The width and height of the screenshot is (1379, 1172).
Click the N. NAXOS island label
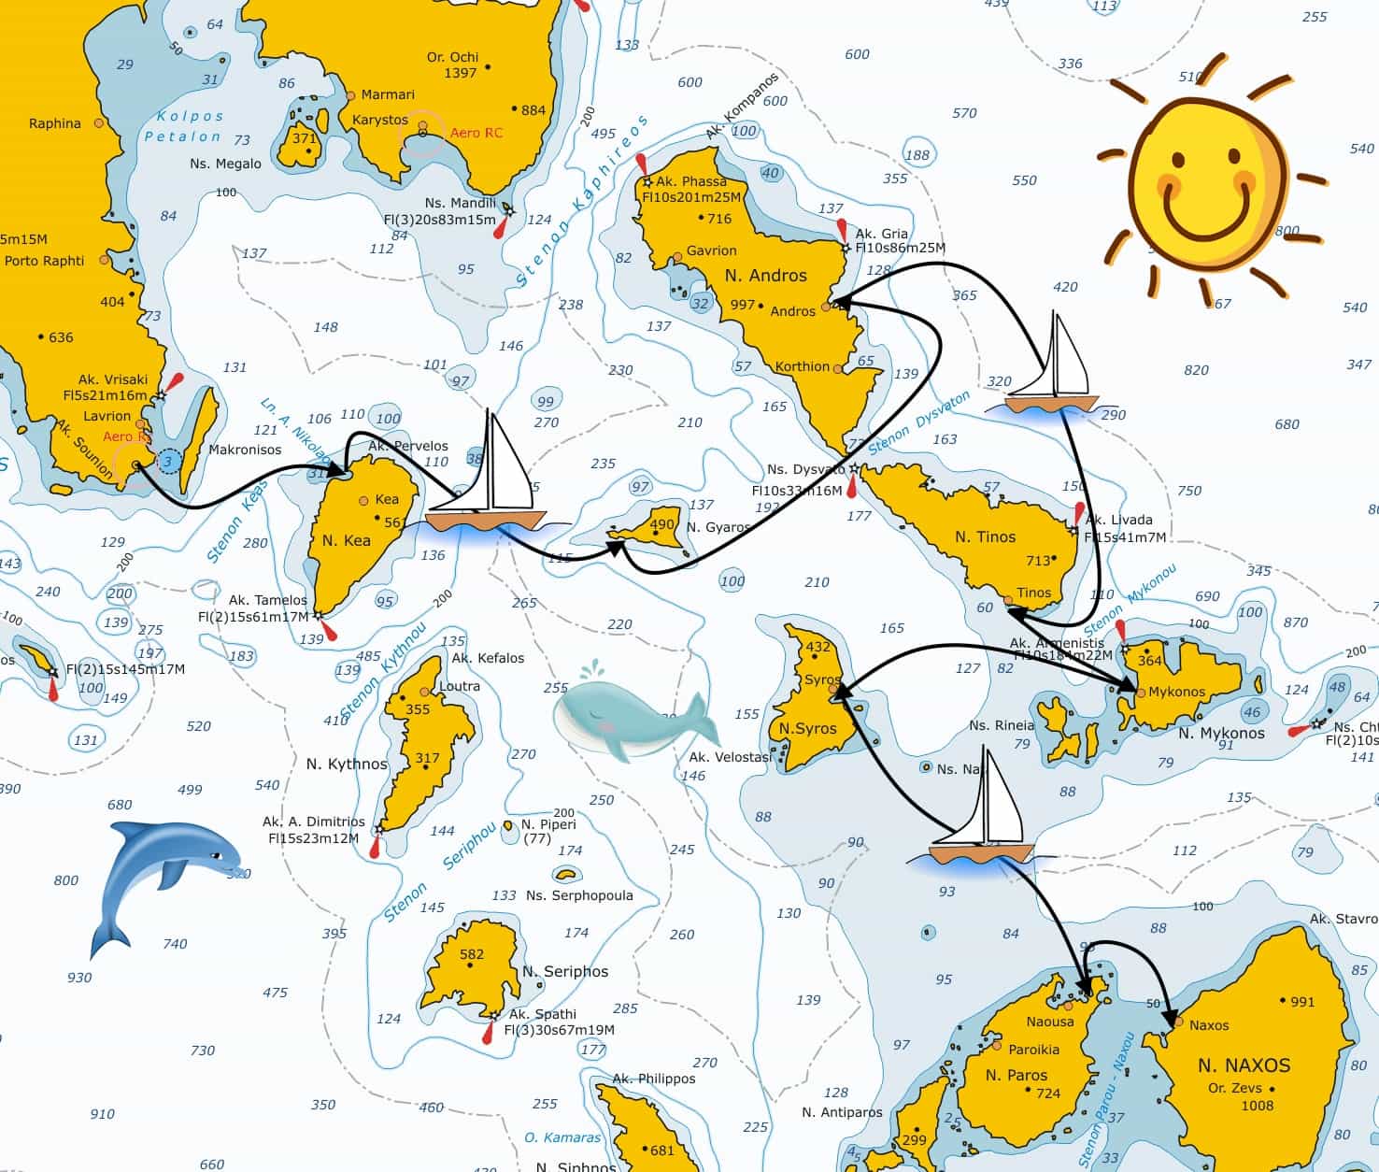1244,1065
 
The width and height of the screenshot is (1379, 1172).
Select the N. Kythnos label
347,764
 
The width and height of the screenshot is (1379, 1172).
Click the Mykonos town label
1176,692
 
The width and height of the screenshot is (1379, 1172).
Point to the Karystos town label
380,121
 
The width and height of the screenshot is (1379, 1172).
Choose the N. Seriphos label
564,971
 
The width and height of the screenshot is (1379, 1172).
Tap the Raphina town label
55,123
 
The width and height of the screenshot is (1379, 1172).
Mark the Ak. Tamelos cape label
268,600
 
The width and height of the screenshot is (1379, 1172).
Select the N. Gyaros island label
718,527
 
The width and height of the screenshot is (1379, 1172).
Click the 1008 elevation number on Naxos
1258,1105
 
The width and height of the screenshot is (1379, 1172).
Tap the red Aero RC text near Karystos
476,133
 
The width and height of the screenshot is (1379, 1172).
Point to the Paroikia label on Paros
1033,1049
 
